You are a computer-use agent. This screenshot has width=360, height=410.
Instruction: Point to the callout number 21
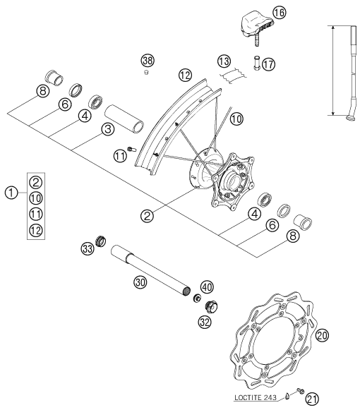pyautogui.click(x=313, y=399)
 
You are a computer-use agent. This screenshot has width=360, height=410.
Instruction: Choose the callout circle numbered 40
pyautogui.click(x=207, y=287)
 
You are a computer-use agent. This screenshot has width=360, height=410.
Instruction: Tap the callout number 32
pyautogui.click(x=205, y=322)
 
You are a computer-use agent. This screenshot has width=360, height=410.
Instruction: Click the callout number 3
pyautogui.click(x=108, y=129)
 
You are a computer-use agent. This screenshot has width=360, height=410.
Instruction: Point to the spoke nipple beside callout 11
pyautogui.click(x=131, y=149)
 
